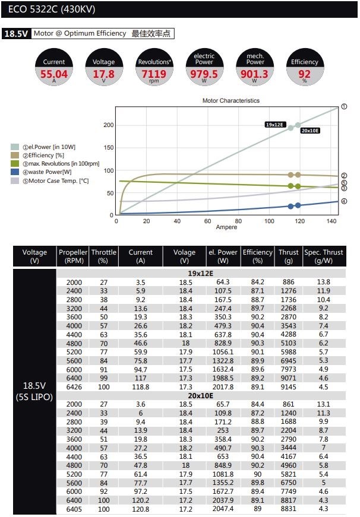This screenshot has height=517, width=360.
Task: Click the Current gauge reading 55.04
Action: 54,74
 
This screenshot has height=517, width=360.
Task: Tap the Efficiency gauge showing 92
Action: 305,74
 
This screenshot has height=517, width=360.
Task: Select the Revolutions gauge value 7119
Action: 154,74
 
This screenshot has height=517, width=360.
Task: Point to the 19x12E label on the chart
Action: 275,125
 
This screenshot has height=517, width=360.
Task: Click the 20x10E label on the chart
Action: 310,131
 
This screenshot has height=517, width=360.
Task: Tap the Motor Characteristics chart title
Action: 230,101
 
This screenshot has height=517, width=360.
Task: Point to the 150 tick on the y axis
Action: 108,148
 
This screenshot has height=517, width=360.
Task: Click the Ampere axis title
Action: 226,227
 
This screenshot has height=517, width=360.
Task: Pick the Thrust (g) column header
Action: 289,256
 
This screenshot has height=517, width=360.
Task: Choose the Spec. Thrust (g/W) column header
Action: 324,256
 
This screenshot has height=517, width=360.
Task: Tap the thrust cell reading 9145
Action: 289,387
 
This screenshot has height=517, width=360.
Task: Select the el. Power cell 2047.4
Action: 223,509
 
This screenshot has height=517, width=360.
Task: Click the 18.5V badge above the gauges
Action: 16,34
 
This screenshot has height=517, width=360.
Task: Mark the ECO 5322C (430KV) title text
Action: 52,9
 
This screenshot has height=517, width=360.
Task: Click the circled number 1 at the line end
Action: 344,107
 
